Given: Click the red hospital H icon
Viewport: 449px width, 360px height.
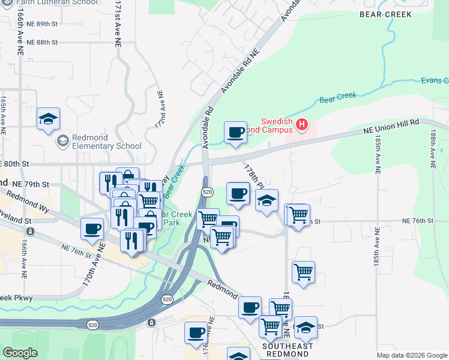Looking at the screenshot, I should [302, 125].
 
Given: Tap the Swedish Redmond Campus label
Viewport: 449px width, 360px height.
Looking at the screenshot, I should [276, 125].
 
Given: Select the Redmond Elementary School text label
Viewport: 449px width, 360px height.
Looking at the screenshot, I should [106, 142].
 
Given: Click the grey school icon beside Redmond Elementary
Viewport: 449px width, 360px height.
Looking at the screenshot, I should [62, 141].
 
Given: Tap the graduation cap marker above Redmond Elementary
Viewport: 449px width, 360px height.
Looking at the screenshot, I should [48, 119].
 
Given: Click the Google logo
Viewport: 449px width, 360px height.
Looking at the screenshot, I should [20, 353].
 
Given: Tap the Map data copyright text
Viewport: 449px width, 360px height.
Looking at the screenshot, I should [412, 355].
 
